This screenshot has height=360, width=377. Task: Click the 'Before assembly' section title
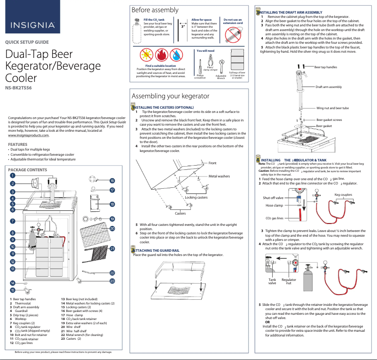[155, 10]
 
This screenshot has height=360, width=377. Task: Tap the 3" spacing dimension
[183, 27]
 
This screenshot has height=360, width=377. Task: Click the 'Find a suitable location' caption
[161, 65]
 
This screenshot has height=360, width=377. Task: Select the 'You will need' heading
[205, 50]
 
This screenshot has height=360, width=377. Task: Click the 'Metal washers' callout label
[219, 176]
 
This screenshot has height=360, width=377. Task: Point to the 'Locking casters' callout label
[196, 197]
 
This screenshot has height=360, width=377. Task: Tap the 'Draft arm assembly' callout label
[329, 87]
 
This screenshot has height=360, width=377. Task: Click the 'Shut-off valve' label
[273, 198]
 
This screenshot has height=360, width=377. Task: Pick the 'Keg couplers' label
[343, 194]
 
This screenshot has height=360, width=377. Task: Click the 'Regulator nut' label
[289, 281]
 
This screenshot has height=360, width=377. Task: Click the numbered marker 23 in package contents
[112, 281]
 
